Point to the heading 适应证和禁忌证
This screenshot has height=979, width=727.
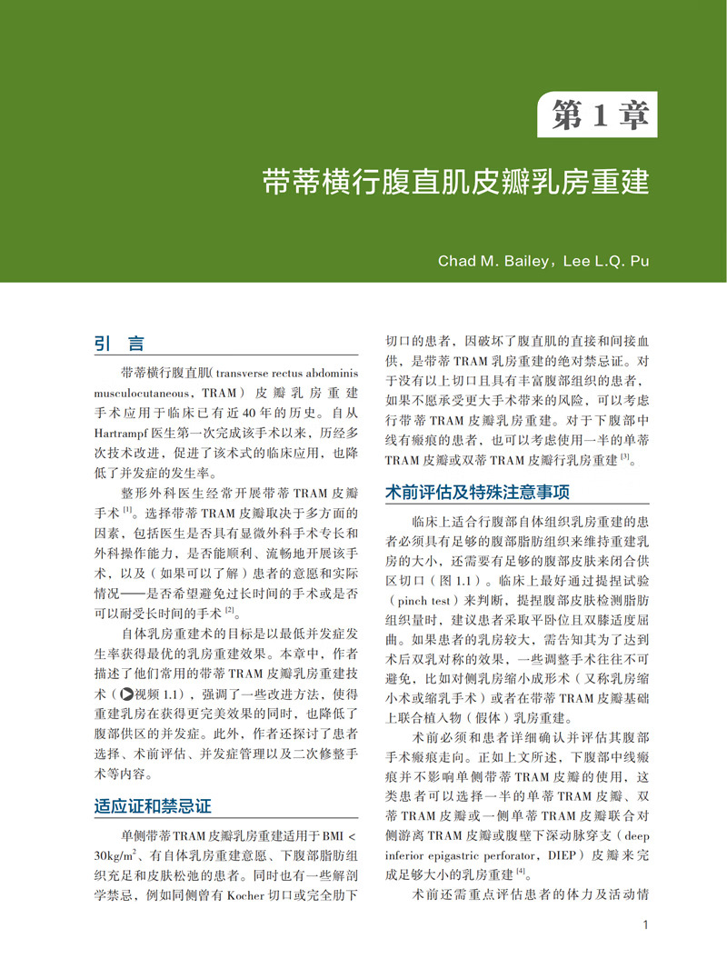153,805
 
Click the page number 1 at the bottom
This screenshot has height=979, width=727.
643,926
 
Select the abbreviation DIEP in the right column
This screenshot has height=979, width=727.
553,855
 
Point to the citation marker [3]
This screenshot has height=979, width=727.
624,460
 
